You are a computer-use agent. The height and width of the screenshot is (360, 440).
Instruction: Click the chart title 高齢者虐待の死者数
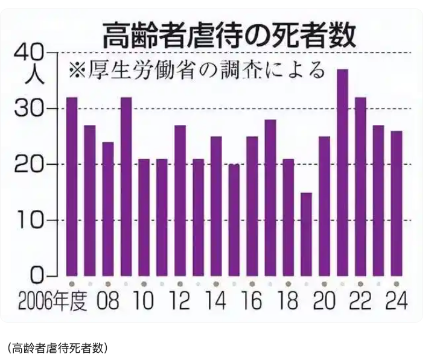[x=229, y=36]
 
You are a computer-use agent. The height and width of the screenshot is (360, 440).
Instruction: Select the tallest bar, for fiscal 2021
[x=342, y=172]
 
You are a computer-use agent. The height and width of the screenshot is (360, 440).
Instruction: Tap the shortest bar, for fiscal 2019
[x=306, y=235]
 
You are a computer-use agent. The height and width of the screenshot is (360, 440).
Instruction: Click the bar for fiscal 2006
[x=72, y=187]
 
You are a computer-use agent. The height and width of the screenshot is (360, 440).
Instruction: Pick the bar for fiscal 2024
[x=397, y=203]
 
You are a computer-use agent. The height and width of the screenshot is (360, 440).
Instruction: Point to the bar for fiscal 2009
[x=126, y=187]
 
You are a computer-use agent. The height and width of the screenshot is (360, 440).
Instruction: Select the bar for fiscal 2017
[x=270, y=198]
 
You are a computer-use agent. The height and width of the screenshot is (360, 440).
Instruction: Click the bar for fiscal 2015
[x=234, y=220]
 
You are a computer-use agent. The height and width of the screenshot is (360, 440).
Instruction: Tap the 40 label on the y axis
[x=29, y=54]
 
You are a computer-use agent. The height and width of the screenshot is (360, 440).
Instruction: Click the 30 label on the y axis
[x=29, y=109]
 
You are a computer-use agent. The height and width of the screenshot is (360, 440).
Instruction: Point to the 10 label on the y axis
[x=29, y=220]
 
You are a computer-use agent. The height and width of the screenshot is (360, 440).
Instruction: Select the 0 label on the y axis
[x=37, y=276]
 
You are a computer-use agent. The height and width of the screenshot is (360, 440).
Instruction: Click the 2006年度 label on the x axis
[x=53, y=301]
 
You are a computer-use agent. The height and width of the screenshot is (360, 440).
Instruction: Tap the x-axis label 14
[x=216, y=301]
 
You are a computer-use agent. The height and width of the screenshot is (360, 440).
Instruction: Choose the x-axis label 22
[x=360, y=301]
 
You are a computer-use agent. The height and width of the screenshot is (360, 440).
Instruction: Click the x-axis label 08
[x=108, y=301]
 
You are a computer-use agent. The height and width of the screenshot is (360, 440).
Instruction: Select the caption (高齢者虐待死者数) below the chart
[x=57, y=348]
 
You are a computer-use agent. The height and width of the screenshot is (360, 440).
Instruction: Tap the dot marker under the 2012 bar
[x=180, y=284]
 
